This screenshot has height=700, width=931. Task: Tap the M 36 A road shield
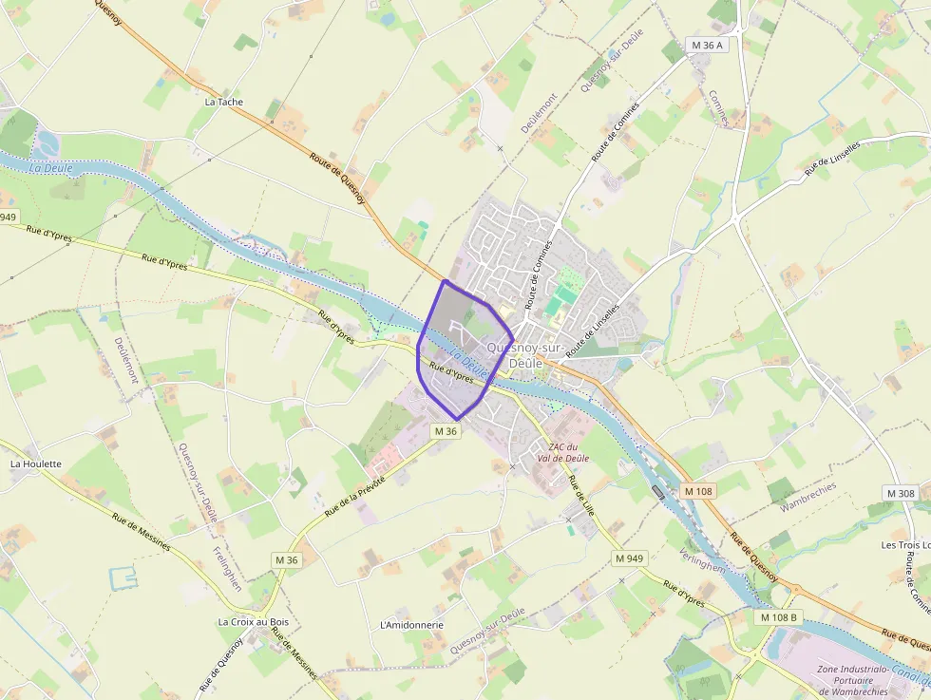pyautogui.click(x=706, y=45)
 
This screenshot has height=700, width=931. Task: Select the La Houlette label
pyautogui.click(x=35, y=464)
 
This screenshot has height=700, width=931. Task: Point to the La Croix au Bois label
pyautogui.click(x=253, y=622)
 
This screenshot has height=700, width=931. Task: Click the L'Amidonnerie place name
pyautogui.click(x=411, y=625)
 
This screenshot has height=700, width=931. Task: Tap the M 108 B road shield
pyautogui.click(x=779, y=617)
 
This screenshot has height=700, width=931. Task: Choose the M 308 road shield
pyautogui.click(x=900, y=493)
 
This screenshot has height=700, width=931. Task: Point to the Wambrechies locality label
pyautogui.click(x=807, y=497)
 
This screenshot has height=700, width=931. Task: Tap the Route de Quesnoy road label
pyautogui.click(x=337, y=180)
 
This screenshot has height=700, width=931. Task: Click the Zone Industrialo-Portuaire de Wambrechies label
pyautogui.click(x=867, y=679)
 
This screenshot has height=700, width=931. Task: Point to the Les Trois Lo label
pyautogui.click(x=905, y=544)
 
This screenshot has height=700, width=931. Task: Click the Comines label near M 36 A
pyautogui.click(x=724, y=108)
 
